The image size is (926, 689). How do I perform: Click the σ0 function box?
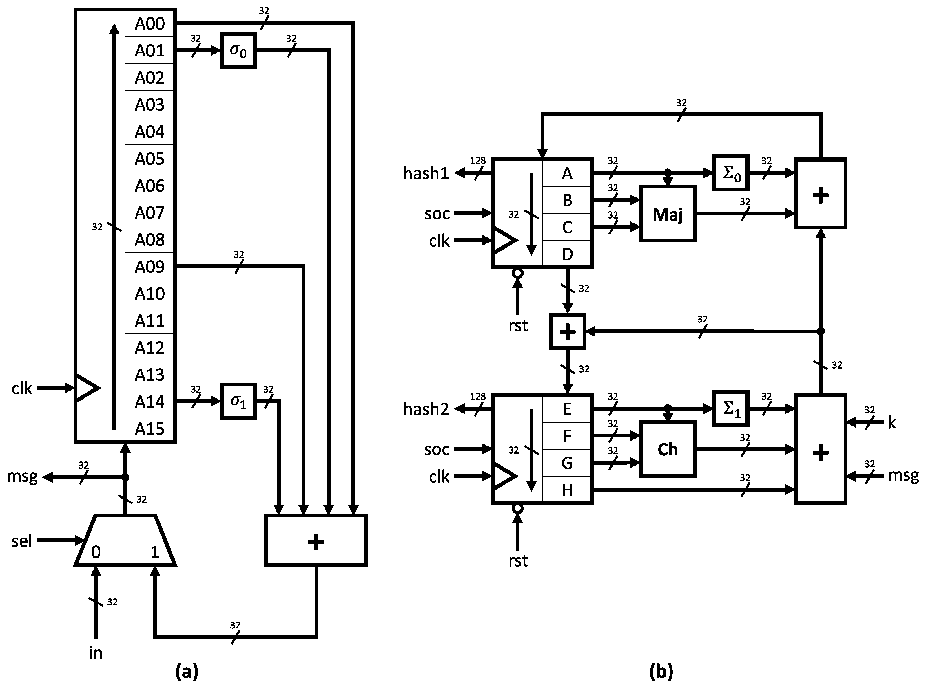[x=238, y=50]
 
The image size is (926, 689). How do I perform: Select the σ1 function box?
[x=238, y=401]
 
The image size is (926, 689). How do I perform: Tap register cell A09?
[x=150, y=267]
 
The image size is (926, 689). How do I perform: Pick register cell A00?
[x=150, y=23]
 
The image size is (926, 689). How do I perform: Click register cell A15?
[x=150, y=429]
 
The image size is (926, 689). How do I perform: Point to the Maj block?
[x=667, y=214]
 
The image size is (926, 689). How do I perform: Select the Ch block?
[x=667, y=449]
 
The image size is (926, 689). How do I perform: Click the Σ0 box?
[x=731, y=173]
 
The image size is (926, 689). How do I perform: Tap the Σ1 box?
[x=731, y=409]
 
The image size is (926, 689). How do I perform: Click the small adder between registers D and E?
[x=568, y=331]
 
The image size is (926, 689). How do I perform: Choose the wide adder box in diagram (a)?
[x=316, y=540]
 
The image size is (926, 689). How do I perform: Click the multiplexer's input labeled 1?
[x=155, y=552]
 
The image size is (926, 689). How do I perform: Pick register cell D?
[x=567, y=254]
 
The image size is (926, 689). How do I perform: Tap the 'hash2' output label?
[x=426, y=409]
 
